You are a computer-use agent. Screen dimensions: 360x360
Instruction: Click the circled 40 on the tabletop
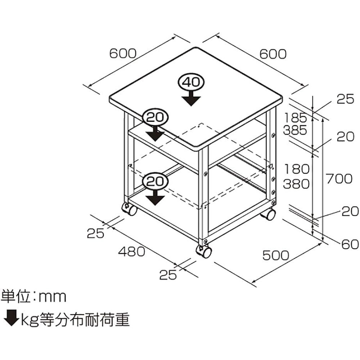pyautogui.click(x=190, y=82)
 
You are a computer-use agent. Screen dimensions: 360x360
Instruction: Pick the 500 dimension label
pyautogui.click(x=275, y=255)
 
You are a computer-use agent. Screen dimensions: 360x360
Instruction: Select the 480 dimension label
pyautogui.click(x=132, y=251)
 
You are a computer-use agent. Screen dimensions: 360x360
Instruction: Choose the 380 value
pyautogui.click(x=296, y=184)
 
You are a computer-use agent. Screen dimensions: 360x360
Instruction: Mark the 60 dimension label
pyautogui.click(x=350, y=245)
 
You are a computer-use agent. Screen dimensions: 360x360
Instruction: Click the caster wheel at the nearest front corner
pyautogui.click(x=204, y=251)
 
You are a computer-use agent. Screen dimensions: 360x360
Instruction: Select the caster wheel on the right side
pyautogui.click(x=268, y=214)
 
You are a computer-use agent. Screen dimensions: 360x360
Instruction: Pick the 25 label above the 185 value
pyautogui.click(x=345, y=99)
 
